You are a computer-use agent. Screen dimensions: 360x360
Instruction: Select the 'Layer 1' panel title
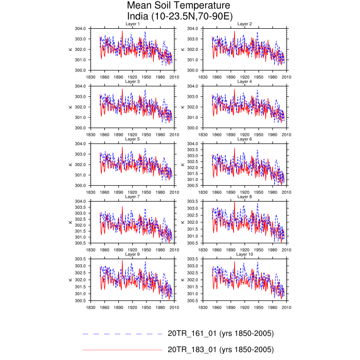coord(132,24)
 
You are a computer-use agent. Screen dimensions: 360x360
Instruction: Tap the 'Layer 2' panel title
coord(244,24)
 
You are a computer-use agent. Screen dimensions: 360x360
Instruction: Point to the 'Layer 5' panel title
coord(132,139)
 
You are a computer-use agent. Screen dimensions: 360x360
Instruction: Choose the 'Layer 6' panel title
coord(244,139)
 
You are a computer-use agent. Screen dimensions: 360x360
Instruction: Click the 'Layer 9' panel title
coord(132,255)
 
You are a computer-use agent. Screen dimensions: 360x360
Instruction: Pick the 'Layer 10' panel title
coord(244,255)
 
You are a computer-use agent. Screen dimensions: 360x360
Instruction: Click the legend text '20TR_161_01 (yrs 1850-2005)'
coord(221,333)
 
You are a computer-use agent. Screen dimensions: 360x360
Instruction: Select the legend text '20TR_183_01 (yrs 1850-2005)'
coord(221,350)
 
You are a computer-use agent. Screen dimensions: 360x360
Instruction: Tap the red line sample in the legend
coord(122,350)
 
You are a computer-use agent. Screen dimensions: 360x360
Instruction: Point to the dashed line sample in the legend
coord(122,333)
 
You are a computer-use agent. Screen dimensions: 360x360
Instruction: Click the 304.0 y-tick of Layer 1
coord(81,28)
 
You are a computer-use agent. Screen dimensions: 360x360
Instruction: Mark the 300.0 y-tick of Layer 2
coord(193,70)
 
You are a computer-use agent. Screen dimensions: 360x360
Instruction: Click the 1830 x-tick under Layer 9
coord(90,308)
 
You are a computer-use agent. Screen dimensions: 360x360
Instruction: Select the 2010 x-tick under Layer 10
coord(286,308)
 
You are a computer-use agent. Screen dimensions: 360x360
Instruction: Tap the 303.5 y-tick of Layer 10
coord(193,259)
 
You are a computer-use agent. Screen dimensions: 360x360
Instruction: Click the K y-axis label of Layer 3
coord(70,107)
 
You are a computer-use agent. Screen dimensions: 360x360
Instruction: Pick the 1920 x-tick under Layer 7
coord(132,250)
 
